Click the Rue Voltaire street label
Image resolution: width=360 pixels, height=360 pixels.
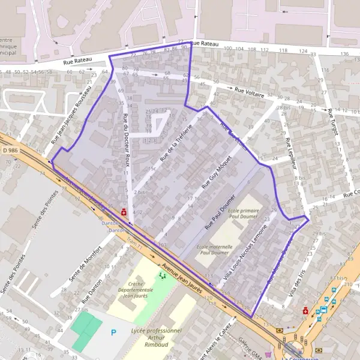(248, 91)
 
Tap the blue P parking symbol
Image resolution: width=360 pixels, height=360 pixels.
(113, 332)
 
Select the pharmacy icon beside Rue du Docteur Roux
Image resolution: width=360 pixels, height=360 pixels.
(124, 211)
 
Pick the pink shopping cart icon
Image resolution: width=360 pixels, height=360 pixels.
(268, 354)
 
